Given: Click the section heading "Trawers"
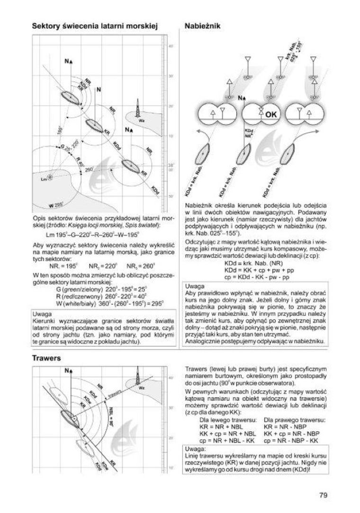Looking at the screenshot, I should [x=46, y=358].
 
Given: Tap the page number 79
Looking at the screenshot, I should [x=324, y=495].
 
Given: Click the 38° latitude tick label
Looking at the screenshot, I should [x=171, y=165].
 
